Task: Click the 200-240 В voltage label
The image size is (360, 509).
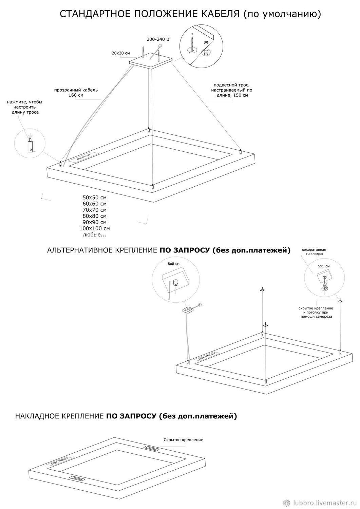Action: coord(158,39)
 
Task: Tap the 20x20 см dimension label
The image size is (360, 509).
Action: coord(121,53)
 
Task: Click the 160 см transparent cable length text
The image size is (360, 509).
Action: coord(76,95)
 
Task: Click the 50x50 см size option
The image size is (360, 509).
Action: coord(94,197)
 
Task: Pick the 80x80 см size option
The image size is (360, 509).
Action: coord(94,216)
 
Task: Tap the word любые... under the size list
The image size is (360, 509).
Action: coord(94,234)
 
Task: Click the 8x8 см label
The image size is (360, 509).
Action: coord(173,264)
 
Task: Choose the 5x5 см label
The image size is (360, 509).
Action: coord(323,266)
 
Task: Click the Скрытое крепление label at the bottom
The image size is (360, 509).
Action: coord(183,440)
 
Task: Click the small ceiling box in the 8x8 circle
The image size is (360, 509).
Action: coord(175,281)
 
